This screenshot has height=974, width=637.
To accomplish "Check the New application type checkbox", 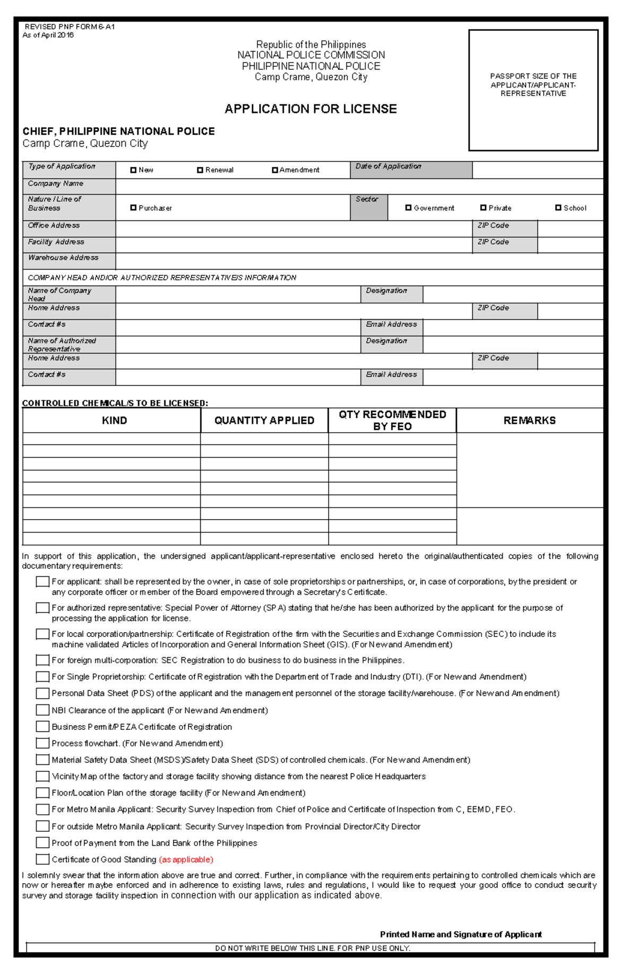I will pos(133,170).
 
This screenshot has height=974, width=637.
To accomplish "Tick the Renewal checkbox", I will pos(200,170).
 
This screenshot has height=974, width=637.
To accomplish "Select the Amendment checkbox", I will pos(275,170).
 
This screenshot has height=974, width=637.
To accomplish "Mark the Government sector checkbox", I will pos(408,208).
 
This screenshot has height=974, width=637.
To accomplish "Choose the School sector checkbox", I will pos(558,208).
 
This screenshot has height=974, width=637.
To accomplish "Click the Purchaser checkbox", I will pos(133,208).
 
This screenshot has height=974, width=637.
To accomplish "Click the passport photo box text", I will pos(533,85).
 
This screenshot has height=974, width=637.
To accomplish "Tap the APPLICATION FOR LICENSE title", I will pos(311,109).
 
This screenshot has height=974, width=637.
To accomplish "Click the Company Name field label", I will pos(56,184).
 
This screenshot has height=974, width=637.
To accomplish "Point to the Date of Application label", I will pos(389,167).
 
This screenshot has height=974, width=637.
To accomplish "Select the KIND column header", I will pos(114,420).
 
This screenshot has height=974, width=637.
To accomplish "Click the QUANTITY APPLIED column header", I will pos(264,420).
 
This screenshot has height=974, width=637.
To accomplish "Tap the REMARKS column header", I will pos(529,420).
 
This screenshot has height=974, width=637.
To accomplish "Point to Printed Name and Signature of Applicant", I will pos(461,934).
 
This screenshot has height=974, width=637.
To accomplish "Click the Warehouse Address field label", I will pos(63,258).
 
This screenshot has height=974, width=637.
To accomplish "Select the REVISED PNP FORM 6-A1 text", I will pos(70,27).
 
